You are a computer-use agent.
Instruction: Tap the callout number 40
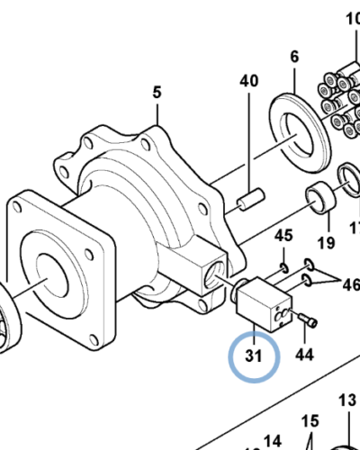click(249, 82)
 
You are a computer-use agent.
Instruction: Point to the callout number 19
click(326, 242)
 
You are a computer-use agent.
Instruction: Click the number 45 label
click(283, 236)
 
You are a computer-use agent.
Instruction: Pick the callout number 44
click(304, 355)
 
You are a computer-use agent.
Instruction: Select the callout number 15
click(310, 420)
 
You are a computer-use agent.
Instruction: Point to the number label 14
click(273, 440)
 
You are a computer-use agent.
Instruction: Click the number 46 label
click(349, 285)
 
